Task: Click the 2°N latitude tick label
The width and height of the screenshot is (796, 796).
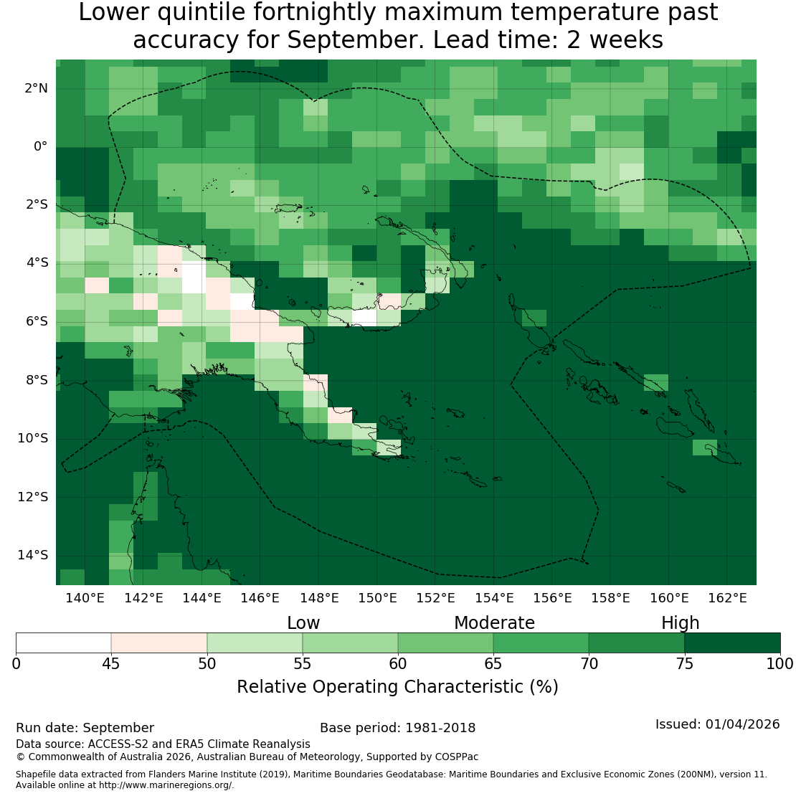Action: coord(36,88)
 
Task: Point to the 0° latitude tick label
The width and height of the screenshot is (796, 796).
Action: coord(41,147)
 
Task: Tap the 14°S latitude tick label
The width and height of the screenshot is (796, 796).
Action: coord(33,555)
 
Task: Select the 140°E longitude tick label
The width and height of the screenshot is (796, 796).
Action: coord(85,598)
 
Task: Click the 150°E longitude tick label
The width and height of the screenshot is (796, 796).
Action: coord(377,598)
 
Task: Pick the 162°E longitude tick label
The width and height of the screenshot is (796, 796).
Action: coord(727,598)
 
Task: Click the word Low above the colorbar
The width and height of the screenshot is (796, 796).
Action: coord(303,623)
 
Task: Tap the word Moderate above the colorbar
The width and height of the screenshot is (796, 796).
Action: coord(494,623)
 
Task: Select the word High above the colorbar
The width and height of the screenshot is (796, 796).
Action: coord(681,623)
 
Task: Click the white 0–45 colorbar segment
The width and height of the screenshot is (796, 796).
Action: coord(63,643)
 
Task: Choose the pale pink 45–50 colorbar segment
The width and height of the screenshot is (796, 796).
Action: coord(159,643)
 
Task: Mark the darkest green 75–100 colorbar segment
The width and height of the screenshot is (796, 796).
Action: coord(732,643)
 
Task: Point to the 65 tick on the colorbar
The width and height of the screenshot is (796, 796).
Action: coord(493,663)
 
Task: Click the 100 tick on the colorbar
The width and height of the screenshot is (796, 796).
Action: coord(780,663)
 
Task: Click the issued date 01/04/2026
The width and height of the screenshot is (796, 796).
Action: coord(743,724)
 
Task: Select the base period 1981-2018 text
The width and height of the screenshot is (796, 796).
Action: coord(440,728)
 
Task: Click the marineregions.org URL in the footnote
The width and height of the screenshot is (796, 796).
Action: coord(165,785)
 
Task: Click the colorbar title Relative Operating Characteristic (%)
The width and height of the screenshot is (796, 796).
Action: coord(397,687)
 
